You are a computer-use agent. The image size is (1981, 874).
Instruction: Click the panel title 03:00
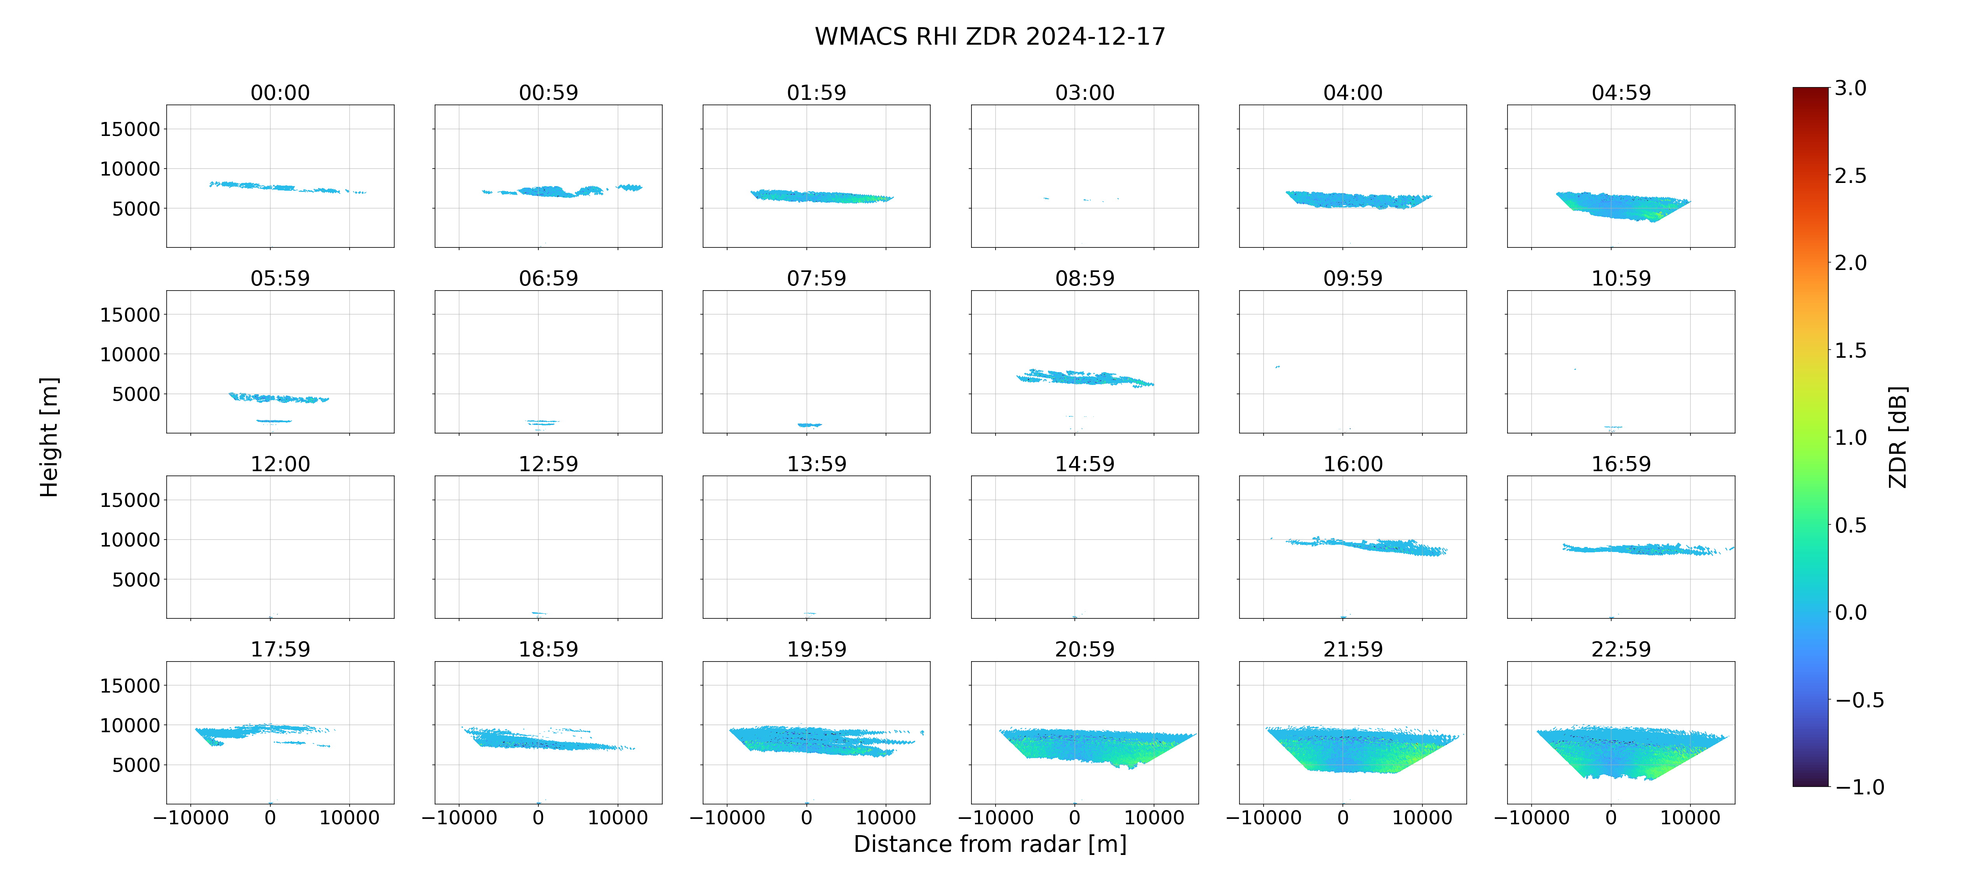pyautogui.click(x=1085, y=93)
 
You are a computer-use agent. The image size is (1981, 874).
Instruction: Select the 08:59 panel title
pyautogui.click(x=1085, y=279)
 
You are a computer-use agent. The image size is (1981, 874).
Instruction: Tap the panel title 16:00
pyautogui.click(x=1353, y=464)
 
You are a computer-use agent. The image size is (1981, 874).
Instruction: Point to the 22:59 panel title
pyautogui.click(x=1621, y=649)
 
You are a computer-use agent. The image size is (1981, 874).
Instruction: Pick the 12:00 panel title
pyautogui.click(x=280, y=464)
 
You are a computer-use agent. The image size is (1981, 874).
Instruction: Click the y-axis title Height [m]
pyautogui.click(x=49, y=437)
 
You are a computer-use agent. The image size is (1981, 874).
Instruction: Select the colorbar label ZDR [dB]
pyautogui.click(x=1898, y=437)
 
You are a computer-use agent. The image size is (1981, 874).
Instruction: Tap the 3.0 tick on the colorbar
pyautogui.click(x=1850, y=89)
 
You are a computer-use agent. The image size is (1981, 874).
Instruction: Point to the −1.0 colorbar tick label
pyautogui.click(x=1859, y=787)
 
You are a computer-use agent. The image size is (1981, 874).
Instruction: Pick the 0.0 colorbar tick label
pyautogui.click(x=1850, y=613)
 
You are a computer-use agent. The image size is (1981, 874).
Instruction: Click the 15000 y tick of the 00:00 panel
pyautogui.click(x=130, y=129)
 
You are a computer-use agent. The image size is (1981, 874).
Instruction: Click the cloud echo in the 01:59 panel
pyautogui.click(x=821, y=196)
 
